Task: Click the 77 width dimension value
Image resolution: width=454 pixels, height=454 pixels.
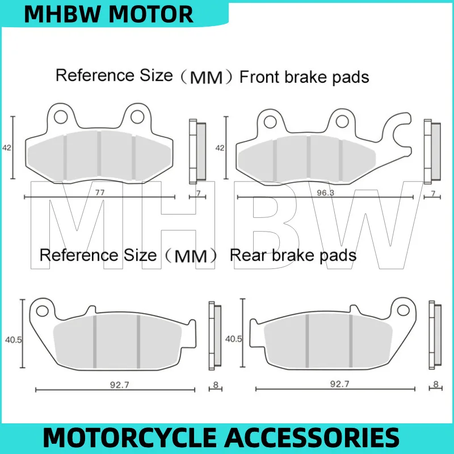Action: point(100,192)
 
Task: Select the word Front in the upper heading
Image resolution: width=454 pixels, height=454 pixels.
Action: point(262,77)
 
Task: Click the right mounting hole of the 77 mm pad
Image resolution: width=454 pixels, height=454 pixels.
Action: point(137,117)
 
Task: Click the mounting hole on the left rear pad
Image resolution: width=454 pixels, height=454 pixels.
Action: point(42,310)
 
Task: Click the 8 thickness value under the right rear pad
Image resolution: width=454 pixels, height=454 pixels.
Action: point(435,385)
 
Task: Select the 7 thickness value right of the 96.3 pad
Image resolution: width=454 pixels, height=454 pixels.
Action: point(433,194)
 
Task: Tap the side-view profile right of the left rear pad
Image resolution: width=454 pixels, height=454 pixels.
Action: point(216,335)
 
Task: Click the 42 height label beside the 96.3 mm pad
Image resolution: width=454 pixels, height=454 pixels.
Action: point(219,148)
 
